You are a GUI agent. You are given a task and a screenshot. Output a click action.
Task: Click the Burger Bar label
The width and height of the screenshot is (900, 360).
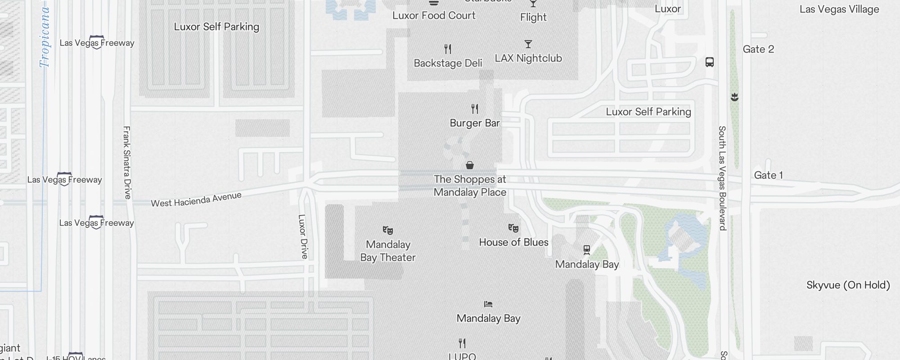[475, 123]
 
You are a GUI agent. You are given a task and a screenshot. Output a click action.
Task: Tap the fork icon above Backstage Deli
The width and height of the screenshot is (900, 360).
[448, 49]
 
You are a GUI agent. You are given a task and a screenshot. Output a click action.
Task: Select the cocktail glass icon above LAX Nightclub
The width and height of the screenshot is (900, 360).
[528, 44]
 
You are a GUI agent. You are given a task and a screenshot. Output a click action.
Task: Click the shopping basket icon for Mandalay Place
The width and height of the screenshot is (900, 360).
[470, 165]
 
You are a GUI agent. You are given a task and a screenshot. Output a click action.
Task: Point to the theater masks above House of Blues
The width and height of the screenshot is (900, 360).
[513, 228]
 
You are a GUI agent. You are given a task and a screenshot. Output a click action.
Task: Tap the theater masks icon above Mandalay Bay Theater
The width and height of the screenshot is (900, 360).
[388, 230]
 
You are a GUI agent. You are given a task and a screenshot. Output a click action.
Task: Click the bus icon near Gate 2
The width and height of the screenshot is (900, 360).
[710, 62]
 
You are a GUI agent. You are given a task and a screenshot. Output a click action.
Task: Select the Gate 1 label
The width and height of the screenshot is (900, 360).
[768, 175]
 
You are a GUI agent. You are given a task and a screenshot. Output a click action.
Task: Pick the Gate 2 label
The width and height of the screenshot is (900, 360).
[758, 49]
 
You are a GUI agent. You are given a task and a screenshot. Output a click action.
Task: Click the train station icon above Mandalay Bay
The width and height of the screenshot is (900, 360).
[587, 250]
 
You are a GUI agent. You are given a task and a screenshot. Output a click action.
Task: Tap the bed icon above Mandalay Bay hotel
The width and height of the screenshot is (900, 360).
[488, 304]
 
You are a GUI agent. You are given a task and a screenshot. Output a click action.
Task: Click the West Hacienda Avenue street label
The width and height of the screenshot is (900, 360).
[196, 199]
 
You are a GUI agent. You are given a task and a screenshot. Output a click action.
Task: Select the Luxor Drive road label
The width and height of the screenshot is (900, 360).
[303, 236]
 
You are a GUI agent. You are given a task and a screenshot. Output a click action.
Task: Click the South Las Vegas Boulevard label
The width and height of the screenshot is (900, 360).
[722, 178]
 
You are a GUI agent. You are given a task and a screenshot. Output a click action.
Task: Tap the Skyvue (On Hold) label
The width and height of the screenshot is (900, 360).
[848, 285]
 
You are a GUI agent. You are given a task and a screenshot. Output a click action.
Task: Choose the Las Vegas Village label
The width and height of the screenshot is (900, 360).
[839, 9]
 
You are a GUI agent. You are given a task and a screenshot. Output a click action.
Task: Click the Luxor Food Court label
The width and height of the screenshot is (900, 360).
[434, 15]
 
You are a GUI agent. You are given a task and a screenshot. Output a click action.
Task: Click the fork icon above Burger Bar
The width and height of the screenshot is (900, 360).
[475, 108]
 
